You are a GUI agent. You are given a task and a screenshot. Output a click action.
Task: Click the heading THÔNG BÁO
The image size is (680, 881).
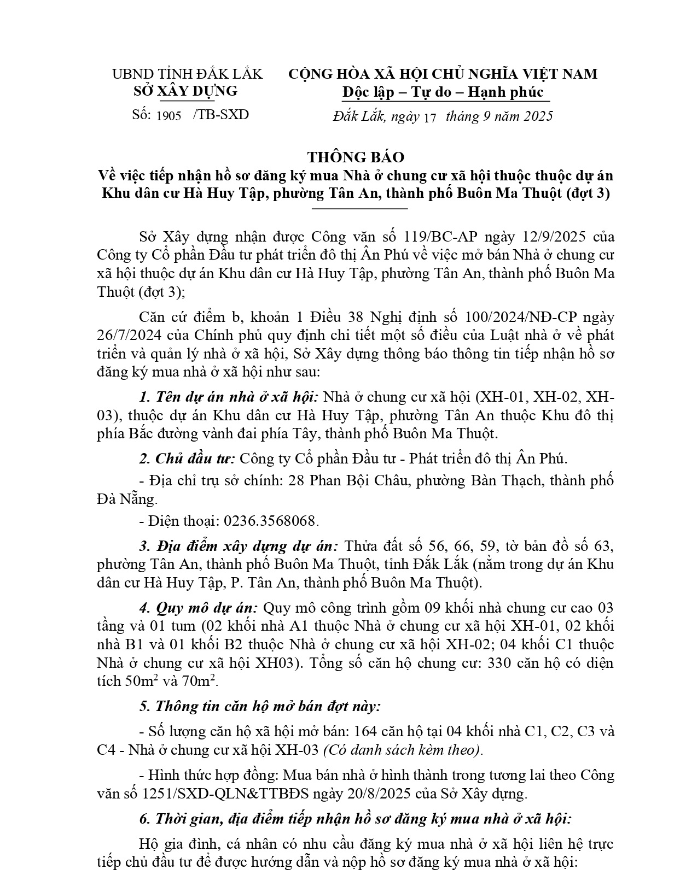355,157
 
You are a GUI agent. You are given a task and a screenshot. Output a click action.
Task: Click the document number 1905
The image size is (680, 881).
168,116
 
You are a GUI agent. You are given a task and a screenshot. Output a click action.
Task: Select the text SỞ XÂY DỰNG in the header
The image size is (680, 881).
185,91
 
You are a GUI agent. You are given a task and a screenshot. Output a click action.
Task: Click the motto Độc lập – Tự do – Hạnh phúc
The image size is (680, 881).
443,92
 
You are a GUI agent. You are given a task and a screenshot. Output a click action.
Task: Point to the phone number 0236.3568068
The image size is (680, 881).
271,521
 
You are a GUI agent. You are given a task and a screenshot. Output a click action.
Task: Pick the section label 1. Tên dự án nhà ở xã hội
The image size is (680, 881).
230,396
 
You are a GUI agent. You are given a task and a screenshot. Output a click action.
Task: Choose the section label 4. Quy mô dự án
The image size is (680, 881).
199,608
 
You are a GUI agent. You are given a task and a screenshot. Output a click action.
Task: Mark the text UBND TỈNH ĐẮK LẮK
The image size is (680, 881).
187,74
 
